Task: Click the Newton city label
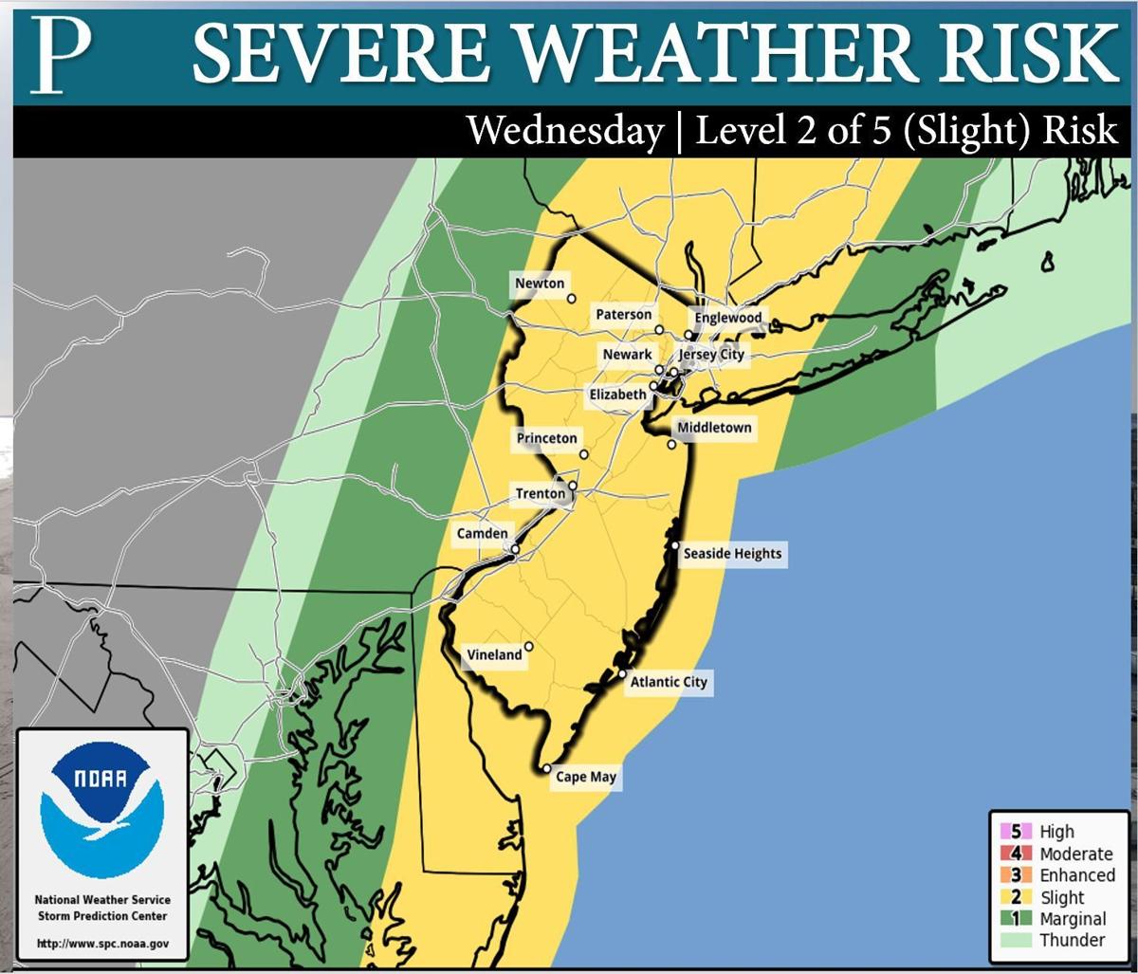pos(540,284)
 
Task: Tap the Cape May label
pos(585,777)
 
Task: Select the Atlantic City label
pos(669,682)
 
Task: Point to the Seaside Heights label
pos(732,554)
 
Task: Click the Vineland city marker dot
pos(529,648)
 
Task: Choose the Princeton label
pos(546,438)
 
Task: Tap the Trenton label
pos(540,493)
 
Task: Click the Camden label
pos(482,534)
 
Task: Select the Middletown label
pos(714,428)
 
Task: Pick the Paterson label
pos(623,315)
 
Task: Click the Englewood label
pos(727,318)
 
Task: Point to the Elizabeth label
pos(617,395)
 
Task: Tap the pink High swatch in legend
pos(1008,832)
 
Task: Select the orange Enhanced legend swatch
pos(1008,875)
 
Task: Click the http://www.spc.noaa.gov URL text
pos(102,944)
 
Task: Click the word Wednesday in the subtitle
pos(565,131)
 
